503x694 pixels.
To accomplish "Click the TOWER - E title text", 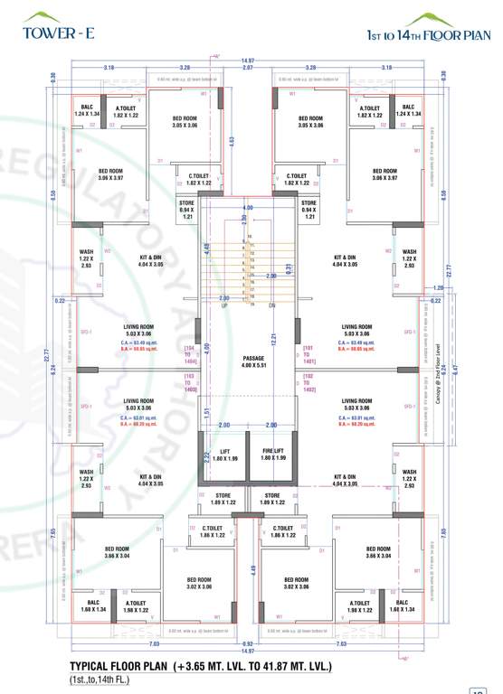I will [x=47, y=36].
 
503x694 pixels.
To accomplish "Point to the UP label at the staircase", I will [x=225, y=305].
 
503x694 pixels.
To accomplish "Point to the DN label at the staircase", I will [x=273, y=305].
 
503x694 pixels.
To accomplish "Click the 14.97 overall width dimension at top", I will [x=246, y=61].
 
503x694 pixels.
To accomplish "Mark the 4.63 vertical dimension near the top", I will [x=232, y=140].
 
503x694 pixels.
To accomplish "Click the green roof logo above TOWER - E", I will [x=41, y=17].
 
